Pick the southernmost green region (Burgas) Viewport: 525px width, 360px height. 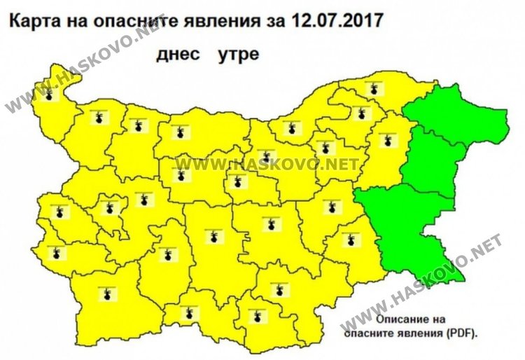(x=420, y=231)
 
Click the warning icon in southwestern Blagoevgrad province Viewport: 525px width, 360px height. (x=106, y=294)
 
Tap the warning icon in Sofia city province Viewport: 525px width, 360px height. (x=108, y=207)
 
